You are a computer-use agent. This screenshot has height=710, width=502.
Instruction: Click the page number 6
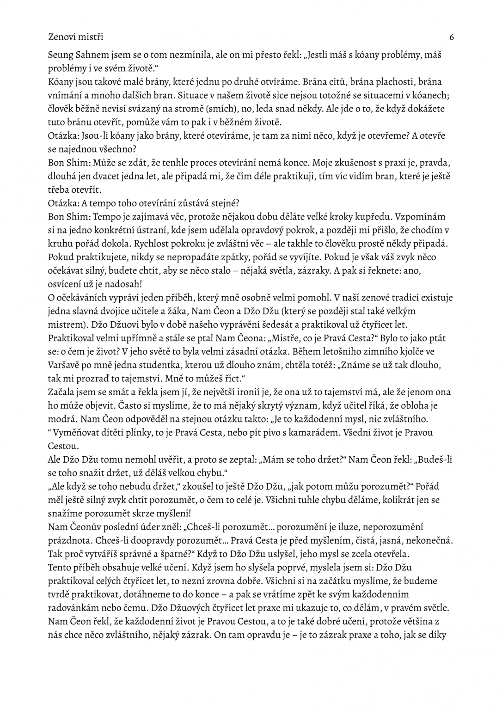pyautogui.click(x=451, y=37)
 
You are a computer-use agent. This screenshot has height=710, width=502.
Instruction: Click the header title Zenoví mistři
pyautogui.click(x=76, y=37)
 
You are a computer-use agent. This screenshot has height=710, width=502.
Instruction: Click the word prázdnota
pyautogui.click(x=67, y=540)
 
